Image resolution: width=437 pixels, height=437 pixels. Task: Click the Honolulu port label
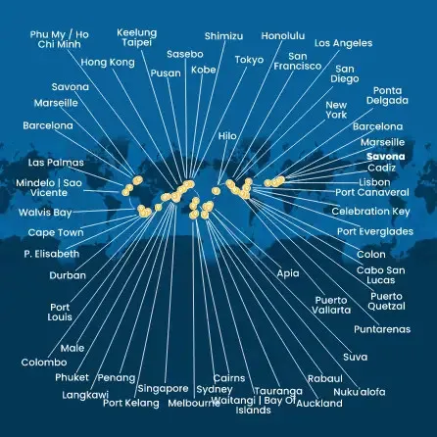tap(283, 36)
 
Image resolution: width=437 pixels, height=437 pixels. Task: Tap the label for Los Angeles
tap(343, 43)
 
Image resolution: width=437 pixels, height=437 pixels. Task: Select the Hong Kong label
tap(108, 63)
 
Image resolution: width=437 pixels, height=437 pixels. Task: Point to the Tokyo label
tap(249, 60)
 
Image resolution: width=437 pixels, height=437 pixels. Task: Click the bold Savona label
tap(386, 157)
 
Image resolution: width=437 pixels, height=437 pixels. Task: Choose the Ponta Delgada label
tap(387, 95)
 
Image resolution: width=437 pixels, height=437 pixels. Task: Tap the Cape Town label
tap(56, 233)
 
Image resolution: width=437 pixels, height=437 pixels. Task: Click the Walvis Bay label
tap(45, 213)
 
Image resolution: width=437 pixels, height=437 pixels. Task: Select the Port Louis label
tap(60, 313)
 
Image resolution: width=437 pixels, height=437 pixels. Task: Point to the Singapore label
tap(163, 389)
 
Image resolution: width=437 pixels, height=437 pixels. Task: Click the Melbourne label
tap(194, 404)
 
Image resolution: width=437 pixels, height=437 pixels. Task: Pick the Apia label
tap(288, 273)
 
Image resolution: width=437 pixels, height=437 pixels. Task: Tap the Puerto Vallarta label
tap(331, 305)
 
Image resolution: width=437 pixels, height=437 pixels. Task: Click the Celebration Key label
tap(370, 212)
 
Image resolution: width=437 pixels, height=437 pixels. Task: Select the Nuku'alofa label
tap(360, 392)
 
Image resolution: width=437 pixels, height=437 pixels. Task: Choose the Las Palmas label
tap(56, 163)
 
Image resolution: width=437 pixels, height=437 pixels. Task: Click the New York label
tap(336, 110)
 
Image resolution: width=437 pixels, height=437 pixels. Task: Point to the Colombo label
tap(44, 363)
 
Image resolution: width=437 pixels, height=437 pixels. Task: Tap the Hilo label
tap(227, 136)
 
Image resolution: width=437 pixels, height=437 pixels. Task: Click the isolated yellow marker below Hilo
tap(215, 191)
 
